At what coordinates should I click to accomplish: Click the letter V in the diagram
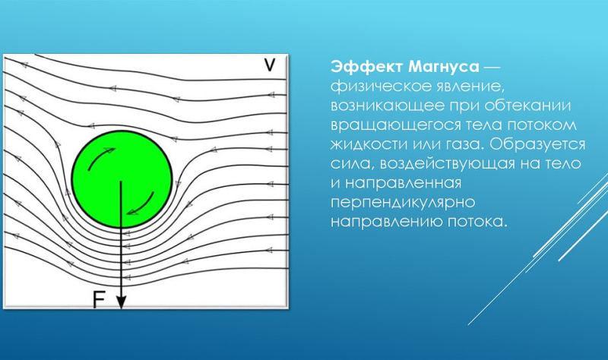click(269, 66)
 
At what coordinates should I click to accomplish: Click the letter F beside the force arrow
click(98, 299)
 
